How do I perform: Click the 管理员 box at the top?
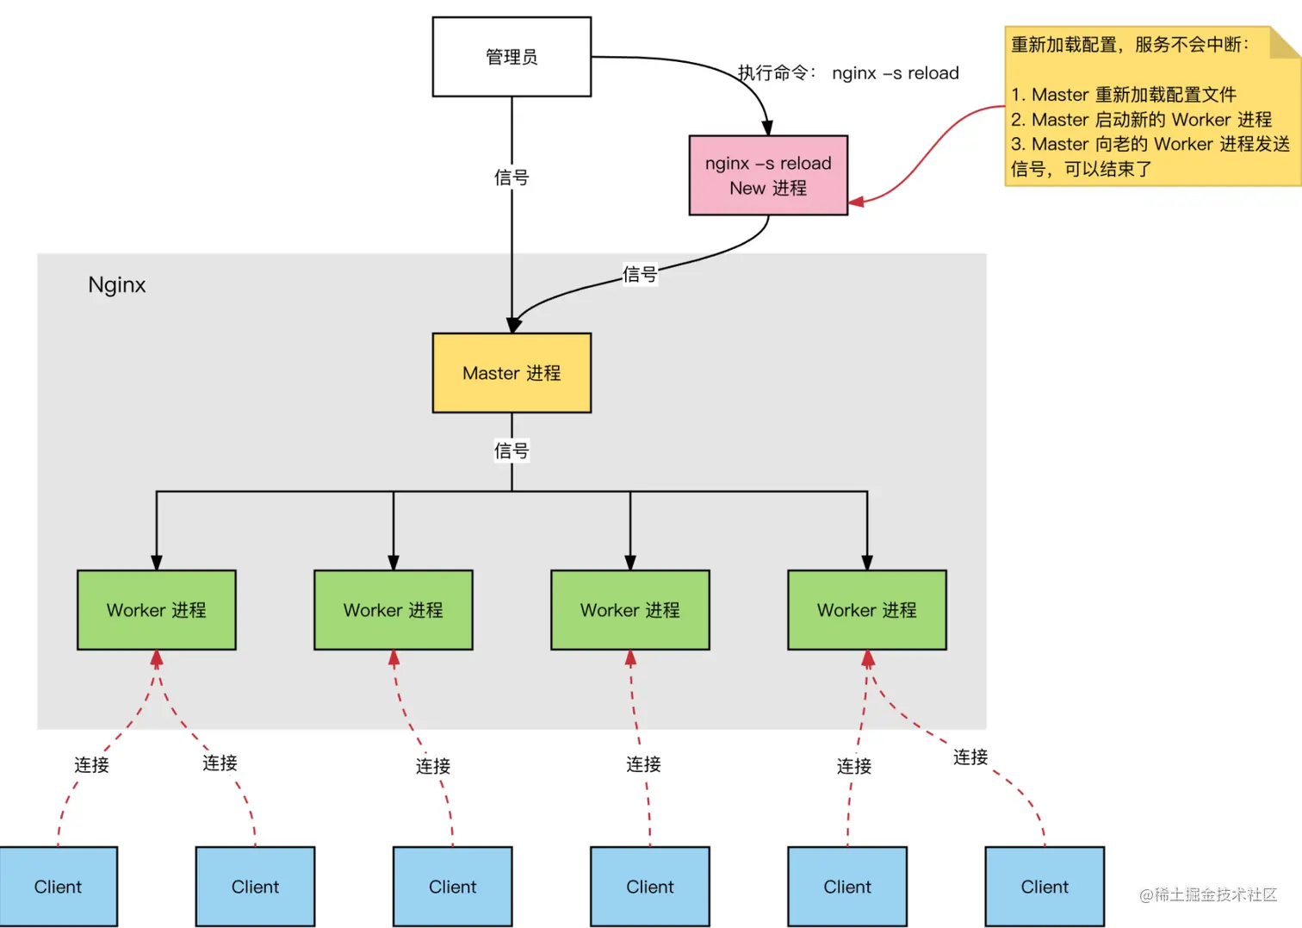pyautogui.click(x=512, y=57)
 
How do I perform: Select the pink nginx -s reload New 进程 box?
pyautogui.click(x=768, y=175)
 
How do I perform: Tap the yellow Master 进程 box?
pyautogui.click(x=512, y=373)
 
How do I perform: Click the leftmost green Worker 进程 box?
pyautogui.click(x=156, y=610)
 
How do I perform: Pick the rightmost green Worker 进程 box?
pyautogui.click(x=866, y=610)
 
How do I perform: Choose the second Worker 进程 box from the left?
pyautogui.click(x=393, y=610)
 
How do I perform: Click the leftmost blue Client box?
pyautogui.click(x=58, y=887)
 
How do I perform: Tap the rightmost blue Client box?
pyautogui.click(x=1044, y=887)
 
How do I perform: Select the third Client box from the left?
pyautogui.click(x=452, y=887)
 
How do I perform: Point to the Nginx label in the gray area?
pyautogui.click(x=117, y=285)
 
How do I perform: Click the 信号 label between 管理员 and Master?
pyautogui.click(x=512, y=178)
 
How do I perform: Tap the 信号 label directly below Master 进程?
pyautogui.click(x=512, y=451)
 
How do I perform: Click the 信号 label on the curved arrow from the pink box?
pyautogui.click(x=640, y=274)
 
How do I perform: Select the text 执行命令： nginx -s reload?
pyautogui.click(x=848, y=73)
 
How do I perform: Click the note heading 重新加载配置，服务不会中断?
pyautogui.click(x=1129, y=45)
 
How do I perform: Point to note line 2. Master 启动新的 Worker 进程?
pyautogui.click(x=1141, y=120)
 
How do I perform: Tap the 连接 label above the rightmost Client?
pyautogui.click(x=970, y=757)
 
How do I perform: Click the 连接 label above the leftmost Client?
pyautogui.click(x=91, y=765)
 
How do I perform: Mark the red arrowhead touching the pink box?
pyautogui.click(x=856, y=202)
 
